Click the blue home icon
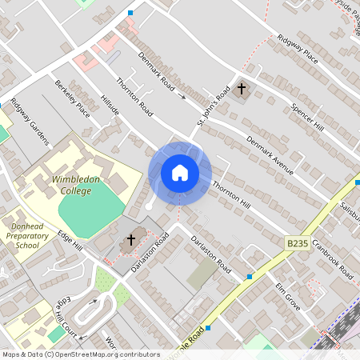pos(179,172)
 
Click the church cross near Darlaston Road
pos(131,240)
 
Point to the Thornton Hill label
pos(232,195)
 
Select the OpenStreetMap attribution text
pos(81,354)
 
